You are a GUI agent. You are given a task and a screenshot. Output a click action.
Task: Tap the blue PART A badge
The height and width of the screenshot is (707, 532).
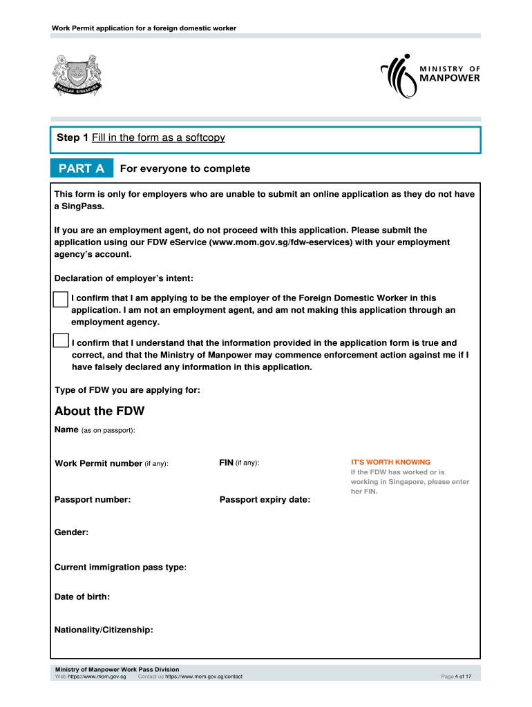coord(82,168)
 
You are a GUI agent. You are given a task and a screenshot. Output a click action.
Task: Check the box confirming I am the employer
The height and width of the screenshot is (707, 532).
coord(61,299)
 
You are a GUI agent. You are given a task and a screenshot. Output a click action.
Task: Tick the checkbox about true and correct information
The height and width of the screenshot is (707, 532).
coord(61,341)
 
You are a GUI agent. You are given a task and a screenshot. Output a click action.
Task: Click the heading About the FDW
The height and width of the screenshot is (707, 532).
coord(99,411)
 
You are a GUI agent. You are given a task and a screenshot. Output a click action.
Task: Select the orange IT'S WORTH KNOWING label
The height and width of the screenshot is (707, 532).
coord(390,462)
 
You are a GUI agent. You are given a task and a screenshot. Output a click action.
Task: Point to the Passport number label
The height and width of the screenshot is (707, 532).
coord(93,499)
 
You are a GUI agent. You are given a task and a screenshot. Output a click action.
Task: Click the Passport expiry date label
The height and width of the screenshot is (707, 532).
coord(265,499)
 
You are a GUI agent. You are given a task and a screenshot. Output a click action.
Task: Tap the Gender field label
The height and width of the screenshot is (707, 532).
coord(71,532)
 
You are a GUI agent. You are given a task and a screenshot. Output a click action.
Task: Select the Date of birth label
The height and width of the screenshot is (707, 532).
coord(82,596)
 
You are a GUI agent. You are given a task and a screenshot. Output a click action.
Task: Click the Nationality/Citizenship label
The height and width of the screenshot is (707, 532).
coord(104,630)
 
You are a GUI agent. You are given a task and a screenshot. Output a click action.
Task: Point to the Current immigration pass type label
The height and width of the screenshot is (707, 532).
coord(120,567)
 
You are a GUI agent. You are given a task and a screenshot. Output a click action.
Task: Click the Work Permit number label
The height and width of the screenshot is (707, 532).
coord(111,463)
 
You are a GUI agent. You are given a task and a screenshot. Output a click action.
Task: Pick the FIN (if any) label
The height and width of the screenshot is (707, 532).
coord(239,463)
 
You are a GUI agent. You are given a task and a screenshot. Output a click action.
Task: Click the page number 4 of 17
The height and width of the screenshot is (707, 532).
coord(456,677)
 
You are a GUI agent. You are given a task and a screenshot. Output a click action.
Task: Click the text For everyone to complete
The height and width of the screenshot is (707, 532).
coord(185,168)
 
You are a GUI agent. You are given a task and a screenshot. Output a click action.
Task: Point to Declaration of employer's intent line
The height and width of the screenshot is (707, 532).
coord(124,279)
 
